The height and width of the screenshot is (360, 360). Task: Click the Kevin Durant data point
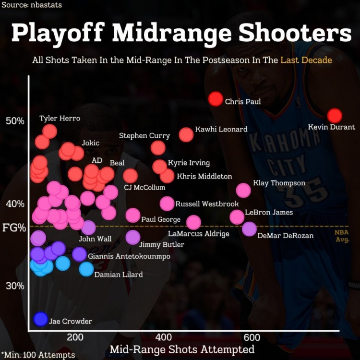point(335,116)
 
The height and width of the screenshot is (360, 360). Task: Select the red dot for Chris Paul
point(216,99)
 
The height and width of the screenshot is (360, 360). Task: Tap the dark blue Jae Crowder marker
point(41,319)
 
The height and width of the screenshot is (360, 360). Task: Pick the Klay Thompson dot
point(243,190)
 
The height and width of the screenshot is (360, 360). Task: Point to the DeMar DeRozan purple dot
point(249,228)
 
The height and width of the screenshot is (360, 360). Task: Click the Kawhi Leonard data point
point(186,134)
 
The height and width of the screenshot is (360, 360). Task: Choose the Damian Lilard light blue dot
point(86,269)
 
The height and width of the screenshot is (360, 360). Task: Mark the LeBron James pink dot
point(237,217)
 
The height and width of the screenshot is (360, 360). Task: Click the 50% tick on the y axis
point(15,120)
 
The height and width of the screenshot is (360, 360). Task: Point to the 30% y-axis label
point(15,286)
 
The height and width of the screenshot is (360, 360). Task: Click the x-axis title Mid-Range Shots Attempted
point(182,349)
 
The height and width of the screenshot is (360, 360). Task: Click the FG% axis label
point(14,227)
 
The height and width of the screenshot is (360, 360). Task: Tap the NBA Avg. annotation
point(342,235)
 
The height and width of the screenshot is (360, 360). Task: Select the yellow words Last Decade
point(306,60)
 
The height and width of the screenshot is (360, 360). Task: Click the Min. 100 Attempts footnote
point(38,355)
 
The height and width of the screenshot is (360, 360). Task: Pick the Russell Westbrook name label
point(207,204)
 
